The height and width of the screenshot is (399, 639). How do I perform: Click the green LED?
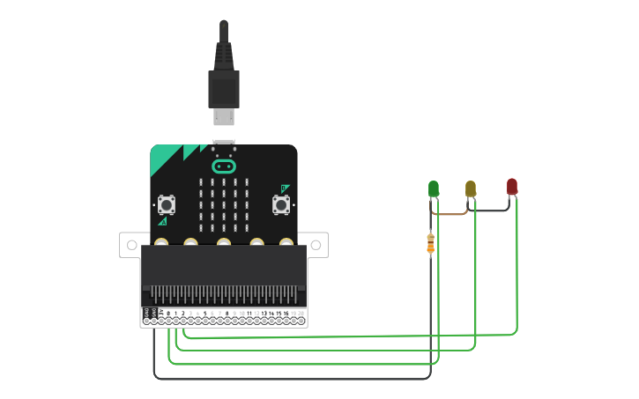pos(434,188)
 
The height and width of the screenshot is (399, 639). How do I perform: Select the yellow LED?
pos(471,188)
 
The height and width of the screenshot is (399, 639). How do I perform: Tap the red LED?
pos(512,186)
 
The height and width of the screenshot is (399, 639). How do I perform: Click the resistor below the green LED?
pos(430,243)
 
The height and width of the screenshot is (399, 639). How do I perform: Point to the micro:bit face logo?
pos(224,166)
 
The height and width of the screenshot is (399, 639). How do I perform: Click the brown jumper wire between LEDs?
pos(450,213)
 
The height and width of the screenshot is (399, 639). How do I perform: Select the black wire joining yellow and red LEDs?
pos(492,211)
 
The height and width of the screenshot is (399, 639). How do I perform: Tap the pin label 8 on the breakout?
pos(227,313)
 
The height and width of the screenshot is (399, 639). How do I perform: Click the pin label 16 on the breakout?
pos(286,313)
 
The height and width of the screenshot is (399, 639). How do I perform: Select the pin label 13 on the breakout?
pos(264,313)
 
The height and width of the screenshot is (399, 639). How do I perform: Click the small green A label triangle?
pos(163,221)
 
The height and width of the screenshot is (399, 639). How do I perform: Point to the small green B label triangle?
pos(284,188)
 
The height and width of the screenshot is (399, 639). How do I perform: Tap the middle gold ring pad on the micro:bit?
pos(224,241)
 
